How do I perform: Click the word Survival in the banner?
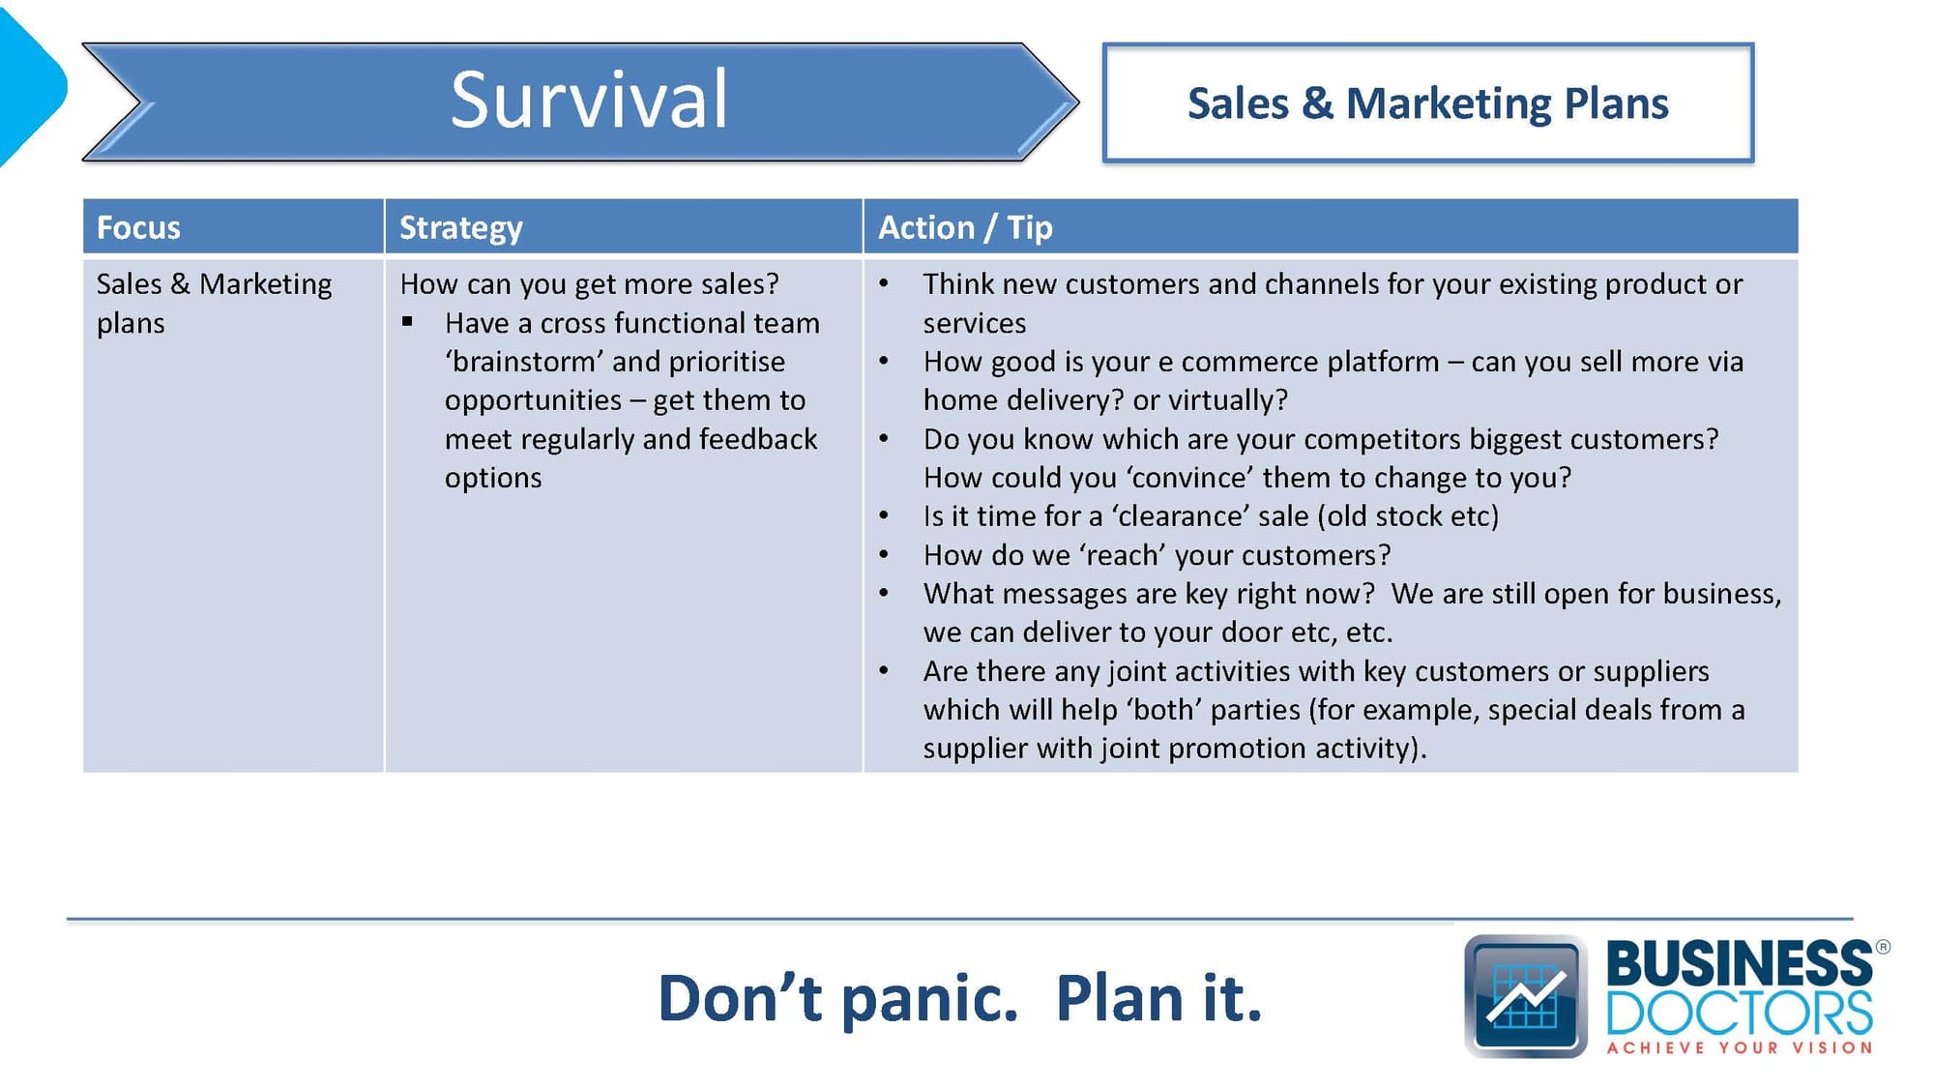[x=589, y=100]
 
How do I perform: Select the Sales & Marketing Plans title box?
[x=1427, y=103]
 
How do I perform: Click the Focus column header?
[x=138, y=227]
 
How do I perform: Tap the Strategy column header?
[x=460, y=228]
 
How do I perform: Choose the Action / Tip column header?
[x=965, y=227]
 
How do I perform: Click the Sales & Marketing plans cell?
[x=214, y=303]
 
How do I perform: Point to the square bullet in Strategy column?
[x=407, y=322]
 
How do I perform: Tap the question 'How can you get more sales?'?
[x=589, y=283]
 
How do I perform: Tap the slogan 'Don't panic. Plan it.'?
[x=960, y=998]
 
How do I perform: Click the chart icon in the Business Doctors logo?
[x=1525, y=996]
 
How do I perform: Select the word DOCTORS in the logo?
[x=1740, y=1013]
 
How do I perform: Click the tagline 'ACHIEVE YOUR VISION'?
[x=1740, y=1047]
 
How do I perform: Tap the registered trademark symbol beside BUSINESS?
[x=1883, y=948]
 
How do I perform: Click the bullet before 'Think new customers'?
[x=884, y=283]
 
